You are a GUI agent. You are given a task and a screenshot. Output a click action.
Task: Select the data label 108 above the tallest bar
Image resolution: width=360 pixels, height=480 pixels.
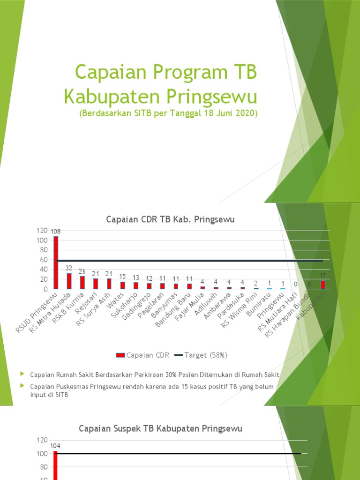[56, 232]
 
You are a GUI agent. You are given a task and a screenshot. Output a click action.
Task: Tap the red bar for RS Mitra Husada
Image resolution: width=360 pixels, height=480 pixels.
[69, 281]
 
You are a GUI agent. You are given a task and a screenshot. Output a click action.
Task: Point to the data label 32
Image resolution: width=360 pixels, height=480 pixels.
[69, 268]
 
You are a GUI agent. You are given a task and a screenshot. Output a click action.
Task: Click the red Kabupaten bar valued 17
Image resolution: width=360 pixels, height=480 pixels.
[322, 285]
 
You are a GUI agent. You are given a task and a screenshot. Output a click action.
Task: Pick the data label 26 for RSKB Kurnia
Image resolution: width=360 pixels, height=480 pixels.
[82, 271]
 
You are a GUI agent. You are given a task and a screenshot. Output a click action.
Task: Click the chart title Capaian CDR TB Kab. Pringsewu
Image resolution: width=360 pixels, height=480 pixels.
[170, 219]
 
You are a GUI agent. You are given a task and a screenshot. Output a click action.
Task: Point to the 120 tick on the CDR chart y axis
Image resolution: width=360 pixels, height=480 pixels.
[42, 231]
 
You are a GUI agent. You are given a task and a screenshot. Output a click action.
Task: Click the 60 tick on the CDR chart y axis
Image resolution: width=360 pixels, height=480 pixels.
[44, 260]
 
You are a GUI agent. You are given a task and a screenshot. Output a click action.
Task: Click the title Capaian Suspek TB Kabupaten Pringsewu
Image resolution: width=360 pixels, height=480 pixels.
[161, 428]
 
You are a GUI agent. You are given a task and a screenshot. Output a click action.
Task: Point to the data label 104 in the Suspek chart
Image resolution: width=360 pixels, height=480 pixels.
[56, 446]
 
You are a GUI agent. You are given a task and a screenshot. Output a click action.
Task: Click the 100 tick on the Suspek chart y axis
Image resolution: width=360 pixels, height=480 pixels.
[42, 454]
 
